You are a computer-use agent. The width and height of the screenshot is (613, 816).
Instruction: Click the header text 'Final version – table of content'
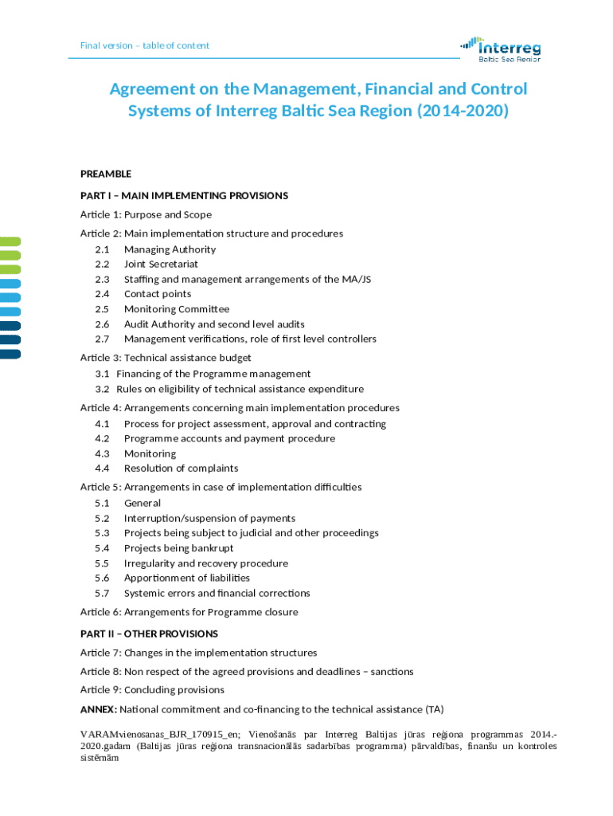point(145,45)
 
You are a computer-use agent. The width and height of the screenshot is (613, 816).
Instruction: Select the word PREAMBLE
point(106,174)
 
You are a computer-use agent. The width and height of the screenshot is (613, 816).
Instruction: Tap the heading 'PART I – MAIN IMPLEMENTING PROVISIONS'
point(184,195)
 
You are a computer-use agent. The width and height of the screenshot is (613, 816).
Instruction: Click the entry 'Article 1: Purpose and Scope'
point(146,214)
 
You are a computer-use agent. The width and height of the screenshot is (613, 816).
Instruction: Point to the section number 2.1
point(102,249)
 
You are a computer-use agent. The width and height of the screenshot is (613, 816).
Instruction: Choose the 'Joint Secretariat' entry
point(161,264)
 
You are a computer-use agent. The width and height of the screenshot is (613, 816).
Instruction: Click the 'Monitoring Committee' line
point(177,309)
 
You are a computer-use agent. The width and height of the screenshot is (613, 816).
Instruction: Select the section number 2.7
point(102,339)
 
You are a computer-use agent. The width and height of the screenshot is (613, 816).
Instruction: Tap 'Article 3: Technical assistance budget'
point(166,358)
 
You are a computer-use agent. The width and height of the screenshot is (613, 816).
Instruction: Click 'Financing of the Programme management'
point(213,374)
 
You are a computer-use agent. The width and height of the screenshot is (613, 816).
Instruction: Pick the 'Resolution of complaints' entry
point(181,469)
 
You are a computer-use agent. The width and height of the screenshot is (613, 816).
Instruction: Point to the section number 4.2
point(102,438)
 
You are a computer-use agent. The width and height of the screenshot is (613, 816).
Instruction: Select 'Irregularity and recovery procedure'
point(206,563)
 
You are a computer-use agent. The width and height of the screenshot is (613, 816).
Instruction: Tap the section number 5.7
point(102,594)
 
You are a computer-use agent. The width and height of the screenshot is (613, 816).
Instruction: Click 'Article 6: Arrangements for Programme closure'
point(189,612)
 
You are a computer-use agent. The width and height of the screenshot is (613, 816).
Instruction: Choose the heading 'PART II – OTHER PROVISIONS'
point(149,634)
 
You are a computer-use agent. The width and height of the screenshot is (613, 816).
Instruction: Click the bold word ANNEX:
point(99,709)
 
